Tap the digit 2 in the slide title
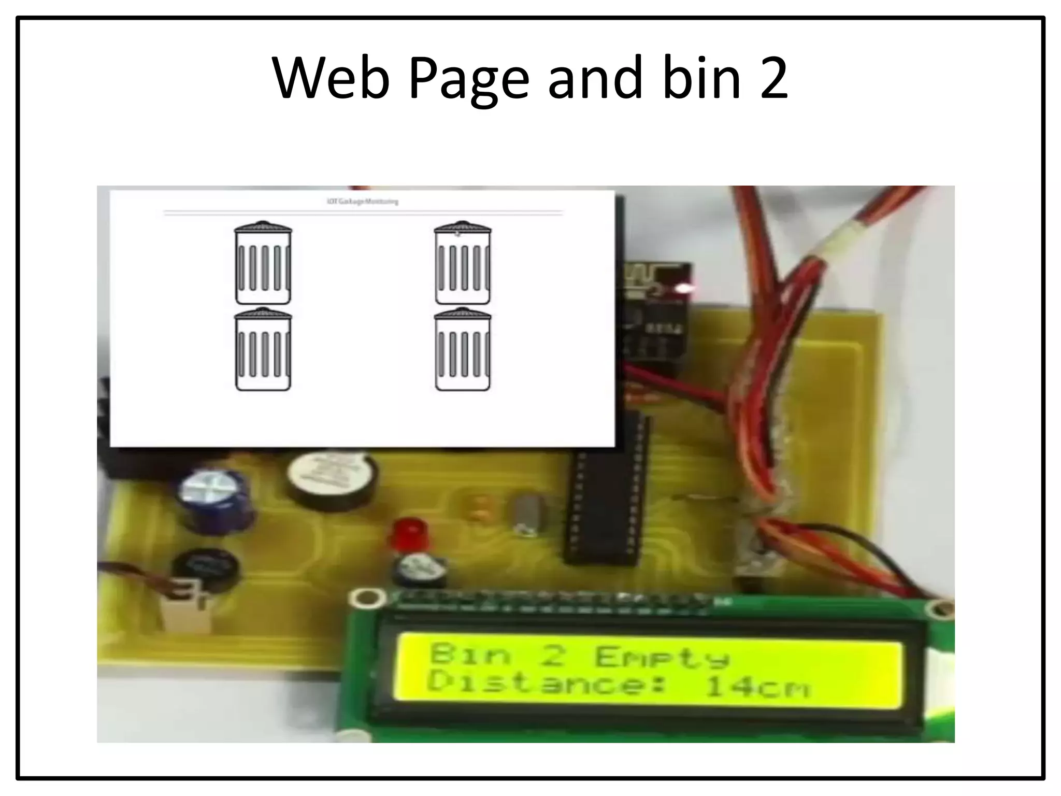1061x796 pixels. coord(773,79)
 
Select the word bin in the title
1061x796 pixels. coord(702,79)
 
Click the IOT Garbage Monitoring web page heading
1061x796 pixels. coord(363,202)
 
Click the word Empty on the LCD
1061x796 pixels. coord(662,657)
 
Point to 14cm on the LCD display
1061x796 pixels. coord(756,687)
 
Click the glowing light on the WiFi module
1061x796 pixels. coord(688,288)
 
